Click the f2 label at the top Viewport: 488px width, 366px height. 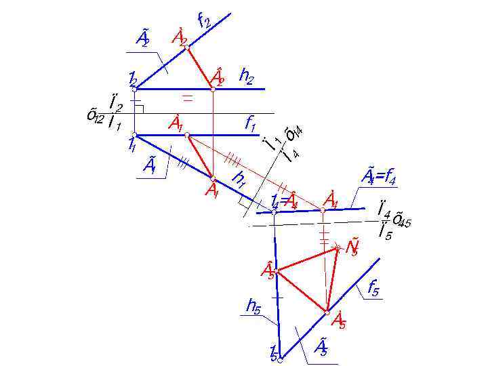click(x=203, y=22)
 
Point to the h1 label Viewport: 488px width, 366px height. click(x=239, y=179)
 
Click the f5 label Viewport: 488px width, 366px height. click(x=373, y=289)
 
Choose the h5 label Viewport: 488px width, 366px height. click(x=253, y=307)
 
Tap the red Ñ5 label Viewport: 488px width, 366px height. click(x=352, y=248)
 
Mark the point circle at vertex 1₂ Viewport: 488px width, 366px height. click(x=135, y=89)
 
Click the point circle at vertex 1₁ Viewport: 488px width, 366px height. click(x=134, y=134)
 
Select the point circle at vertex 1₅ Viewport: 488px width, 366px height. click(x=279, y=360)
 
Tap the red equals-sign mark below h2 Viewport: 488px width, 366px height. click(x=188, y=100)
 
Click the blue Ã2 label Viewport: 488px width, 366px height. click(x=142, y=38)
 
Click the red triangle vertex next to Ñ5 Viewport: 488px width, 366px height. click(x=337, y=249)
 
